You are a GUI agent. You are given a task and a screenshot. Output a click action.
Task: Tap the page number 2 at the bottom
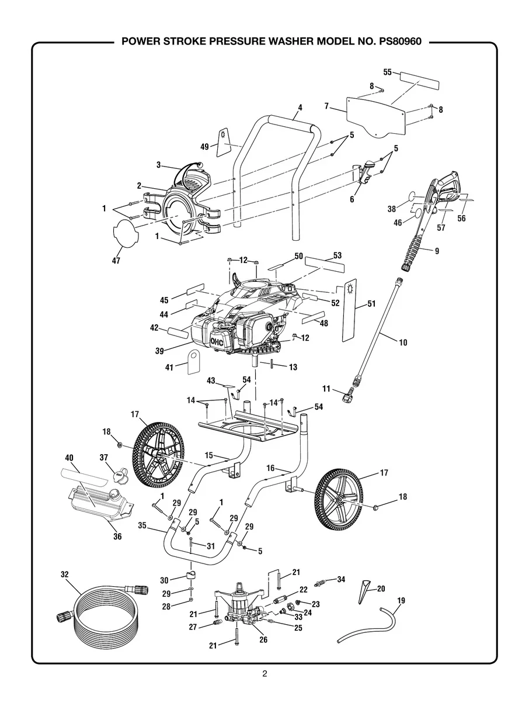tap(264, 673)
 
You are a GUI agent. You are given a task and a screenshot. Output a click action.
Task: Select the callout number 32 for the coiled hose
tap(65, 575)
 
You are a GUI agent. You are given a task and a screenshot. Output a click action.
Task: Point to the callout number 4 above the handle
tap(300, 108)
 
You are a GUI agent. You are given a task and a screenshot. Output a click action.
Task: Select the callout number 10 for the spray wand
tap(403, 343)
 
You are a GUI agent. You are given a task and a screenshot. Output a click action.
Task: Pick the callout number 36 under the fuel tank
tap(117, 537)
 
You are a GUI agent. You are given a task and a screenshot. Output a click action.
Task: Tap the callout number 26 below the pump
tap(263, 639)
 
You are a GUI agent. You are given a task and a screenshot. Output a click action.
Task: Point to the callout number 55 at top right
tap(387, 72)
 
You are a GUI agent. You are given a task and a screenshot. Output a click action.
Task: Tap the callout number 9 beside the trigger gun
tap(437, 250)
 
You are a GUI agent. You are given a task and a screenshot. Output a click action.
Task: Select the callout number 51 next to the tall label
tap(371, 303)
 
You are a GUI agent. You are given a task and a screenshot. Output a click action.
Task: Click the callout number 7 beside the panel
tap(328, 106)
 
